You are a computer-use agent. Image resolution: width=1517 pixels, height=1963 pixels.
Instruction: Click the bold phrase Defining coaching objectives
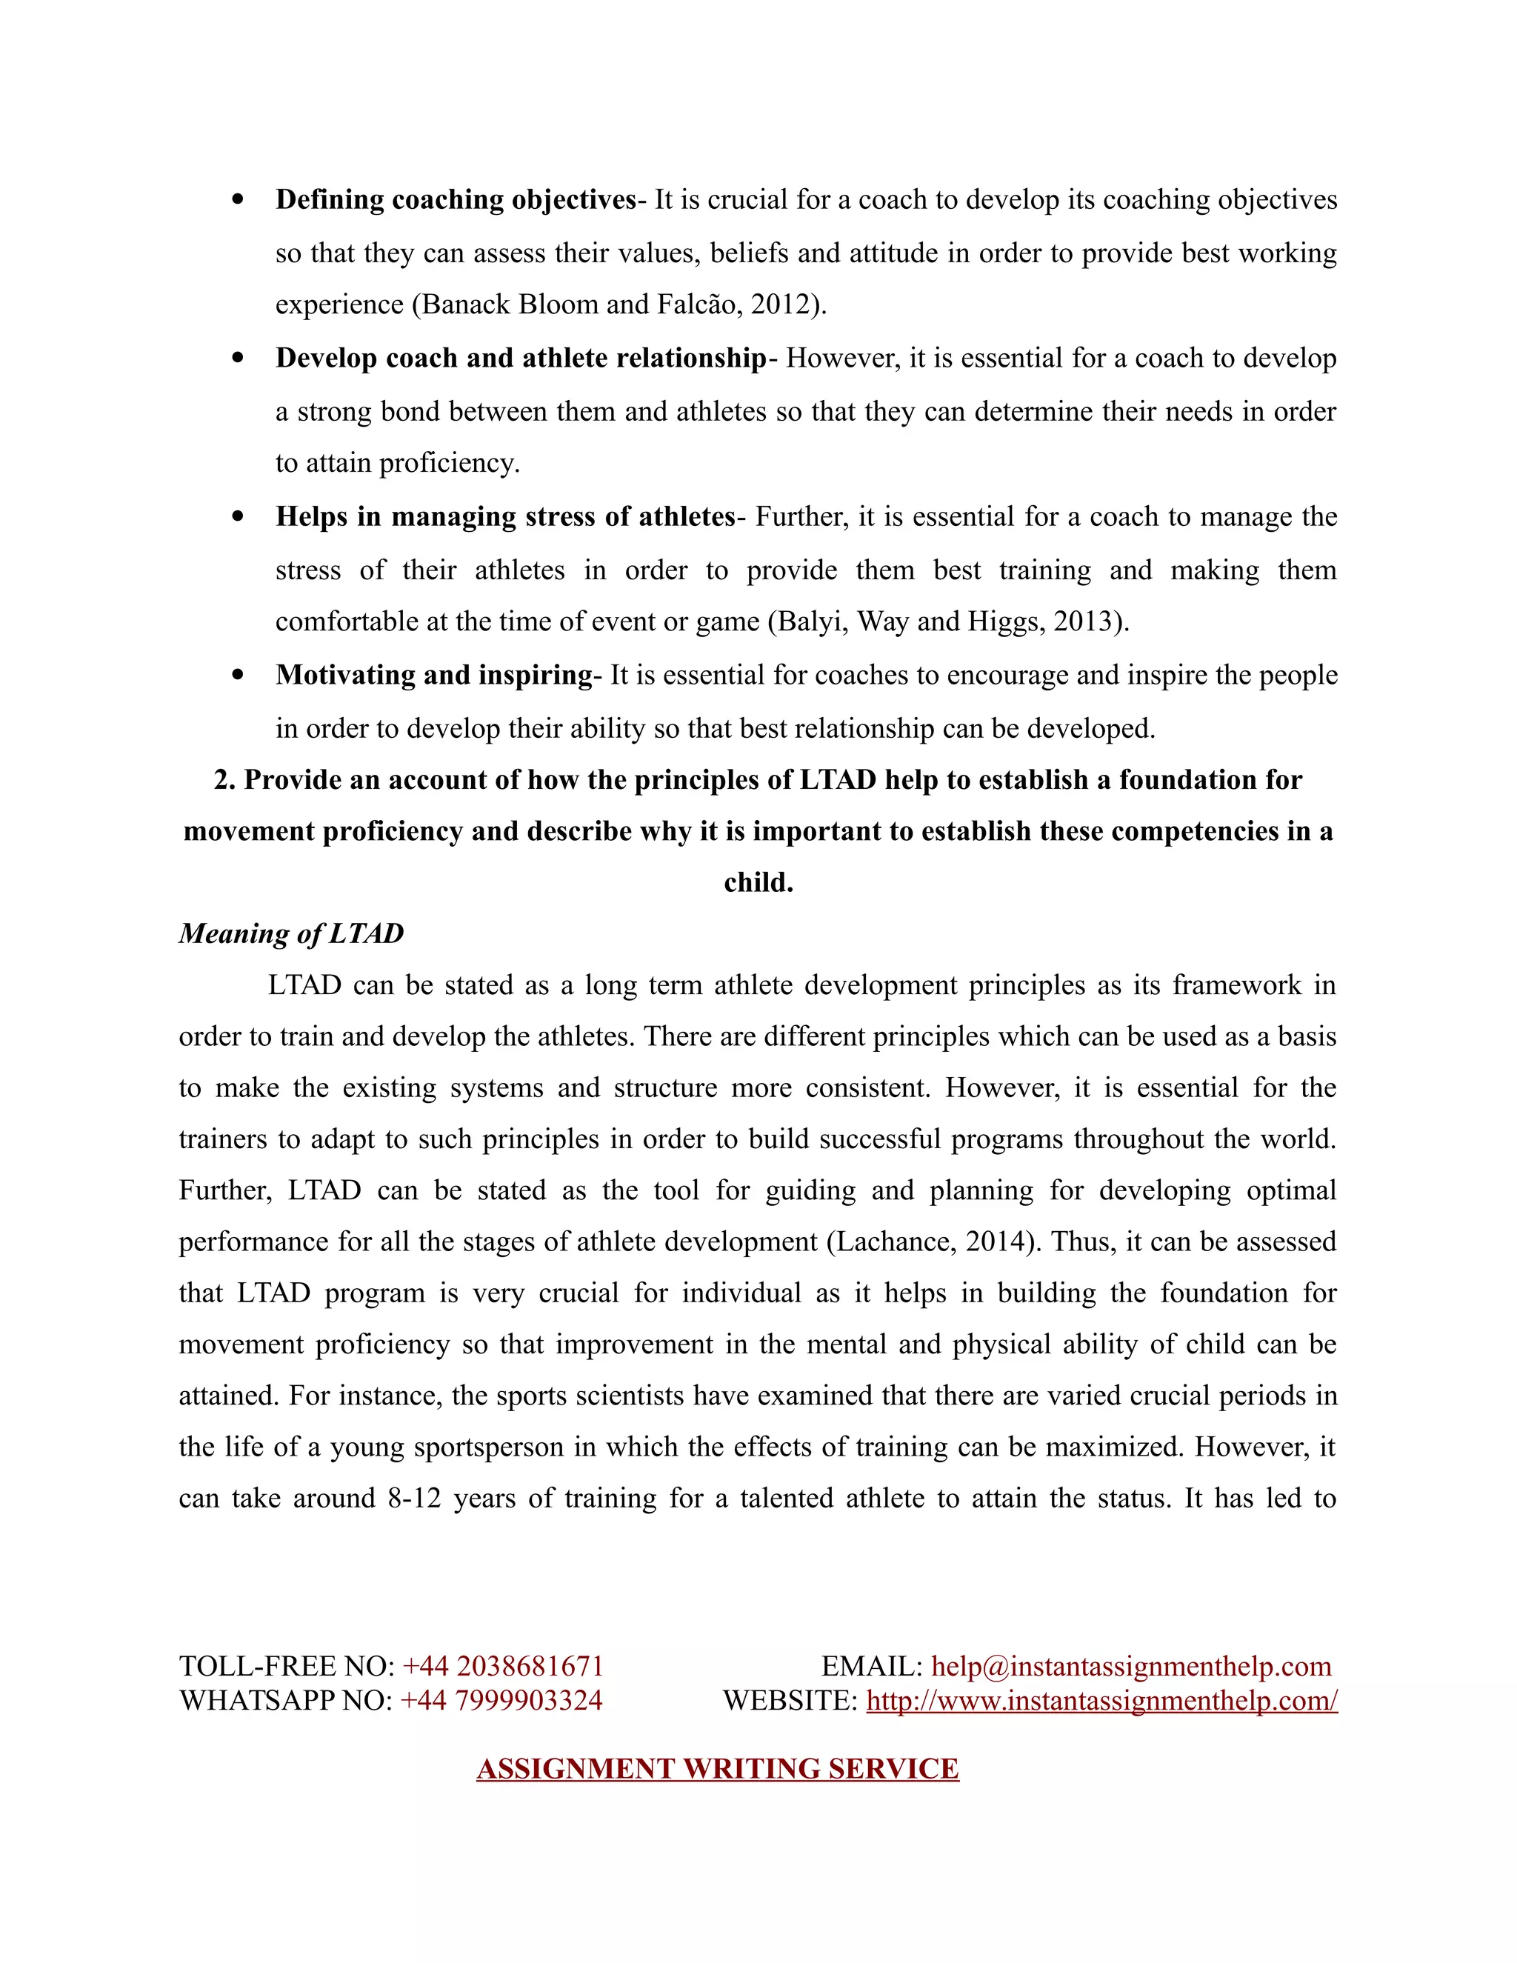[456, 199]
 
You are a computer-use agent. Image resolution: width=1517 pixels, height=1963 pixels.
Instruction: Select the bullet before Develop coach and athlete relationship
[237, 358]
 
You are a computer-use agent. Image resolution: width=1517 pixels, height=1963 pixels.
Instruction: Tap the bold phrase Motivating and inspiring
[434, 675]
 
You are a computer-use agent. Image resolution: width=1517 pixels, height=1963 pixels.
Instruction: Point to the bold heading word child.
[758, 883]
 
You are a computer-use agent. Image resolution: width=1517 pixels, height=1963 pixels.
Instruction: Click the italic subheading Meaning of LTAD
[291, 934]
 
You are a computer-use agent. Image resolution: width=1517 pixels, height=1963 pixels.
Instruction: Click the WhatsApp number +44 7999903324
[501, 1701]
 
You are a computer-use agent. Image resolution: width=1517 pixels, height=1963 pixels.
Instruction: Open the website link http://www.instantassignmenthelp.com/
[1101, 1701]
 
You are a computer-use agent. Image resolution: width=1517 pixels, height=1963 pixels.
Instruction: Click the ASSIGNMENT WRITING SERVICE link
[717, 1769]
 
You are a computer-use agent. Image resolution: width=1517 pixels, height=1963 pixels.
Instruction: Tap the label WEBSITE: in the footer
[790, 1701]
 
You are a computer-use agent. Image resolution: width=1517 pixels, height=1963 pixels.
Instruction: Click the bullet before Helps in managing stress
[237, 517]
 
